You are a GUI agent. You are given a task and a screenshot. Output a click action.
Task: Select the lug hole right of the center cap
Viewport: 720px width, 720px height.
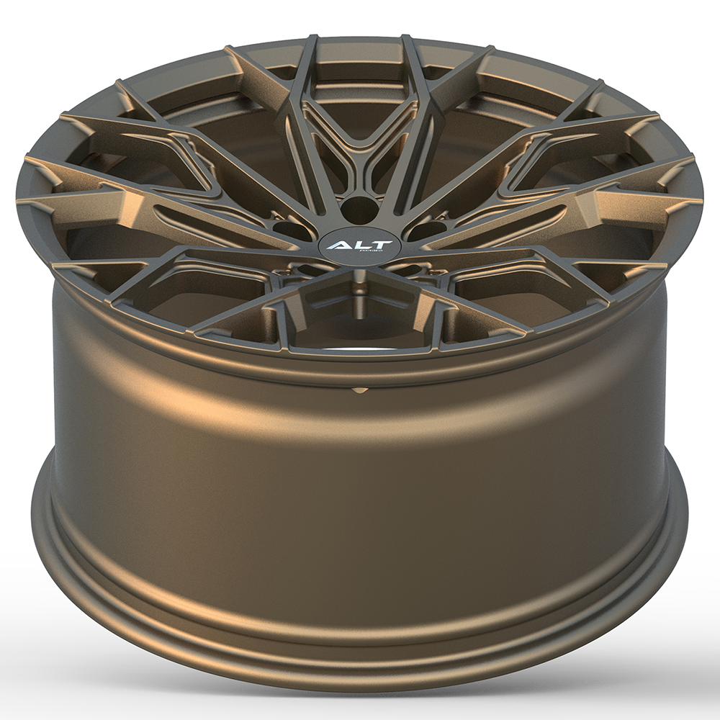coord(425,230)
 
